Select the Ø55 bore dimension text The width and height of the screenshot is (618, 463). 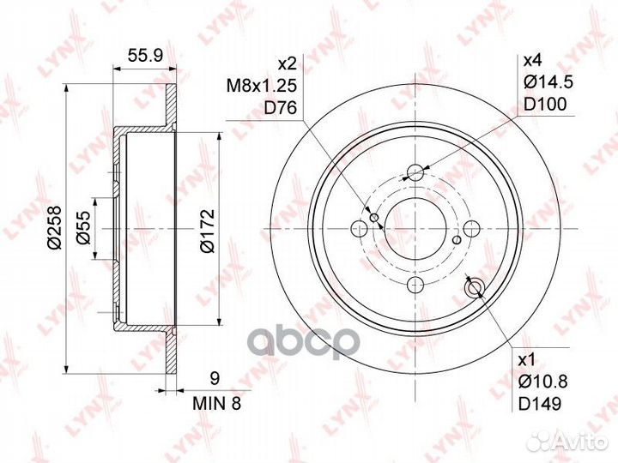pyautogui.click(x=84, y=228)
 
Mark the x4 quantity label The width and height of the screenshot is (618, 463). pyautogui.click(x=533, y=62)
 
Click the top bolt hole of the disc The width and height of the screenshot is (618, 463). pyautogui.click(x=415, y=171)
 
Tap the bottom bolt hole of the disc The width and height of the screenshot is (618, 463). pyautogui.click(x=415, y=285)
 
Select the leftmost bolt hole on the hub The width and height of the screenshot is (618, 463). pyautogui.click(x=359, y=228)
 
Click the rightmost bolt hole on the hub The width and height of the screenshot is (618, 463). pyautogui.click(x=472, y=228)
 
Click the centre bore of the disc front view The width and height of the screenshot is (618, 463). pyautogui.click(x=415, y=228)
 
